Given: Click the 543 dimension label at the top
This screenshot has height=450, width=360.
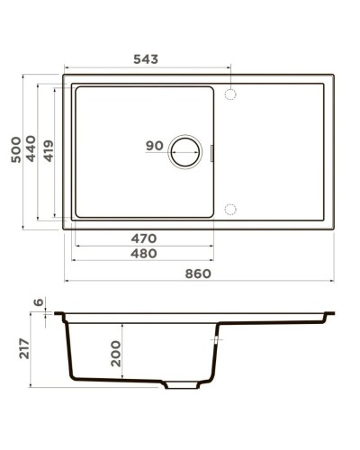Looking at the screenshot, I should (145, 59).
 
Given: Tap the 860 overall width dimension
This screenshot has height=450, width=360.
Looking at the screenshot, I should (198, 274).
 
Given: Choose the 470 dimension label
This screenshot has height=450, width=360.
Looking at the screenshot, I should (143, 238).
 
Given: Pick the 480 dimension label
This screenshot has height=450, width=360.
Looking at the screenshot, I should (143, 254).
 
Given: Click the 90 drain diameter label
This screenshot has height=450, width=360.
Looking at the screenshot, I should (154, 146).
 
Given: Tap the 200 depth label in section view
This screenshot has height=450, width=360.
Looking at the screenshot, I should (114, 354).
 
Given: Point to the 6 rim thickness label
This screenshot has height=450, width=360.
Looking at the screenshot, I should (37, 303).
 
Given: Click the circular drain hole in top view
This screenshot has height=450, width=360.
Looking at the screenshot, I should (187, 152).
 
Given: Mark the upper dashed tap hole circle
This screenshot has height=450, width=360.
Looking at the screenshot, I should (229, 94).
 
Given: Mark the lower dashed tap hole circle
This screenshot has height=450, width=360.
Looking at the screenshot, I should (229, 210).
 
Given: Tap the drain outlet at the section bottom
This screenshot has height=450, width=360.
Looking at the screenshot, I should (183, 384).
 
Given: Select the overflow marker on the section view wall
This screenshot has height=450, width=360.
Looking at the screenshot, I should (214, 341).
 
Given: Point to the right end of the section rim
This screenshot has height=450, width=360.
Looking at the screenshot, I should (330, 315).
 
